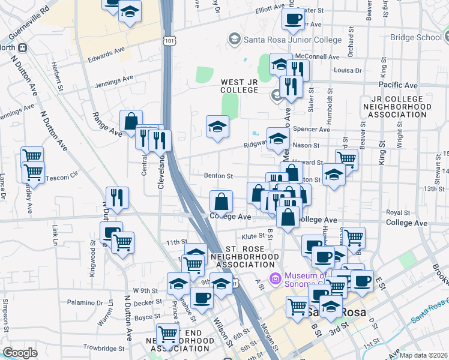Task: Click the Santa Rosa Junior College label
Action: [x=292, y=40]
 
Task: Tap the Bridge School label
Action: [x=415, y=37]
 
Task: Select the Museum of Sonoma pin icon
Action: [x=276, y=278]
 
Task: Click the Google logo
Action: [x=20, y=353]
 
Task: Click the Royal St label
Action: [x=397, y=212]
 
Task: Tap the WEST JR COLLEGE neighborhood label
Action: [x=239, y=86]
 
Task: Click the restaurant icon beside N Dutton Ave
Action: [x=117, y=197]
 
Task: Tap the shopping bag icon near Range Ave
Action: [x=131, y=121]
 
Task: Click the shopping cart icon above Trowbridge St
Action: [x=168, y=334]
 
